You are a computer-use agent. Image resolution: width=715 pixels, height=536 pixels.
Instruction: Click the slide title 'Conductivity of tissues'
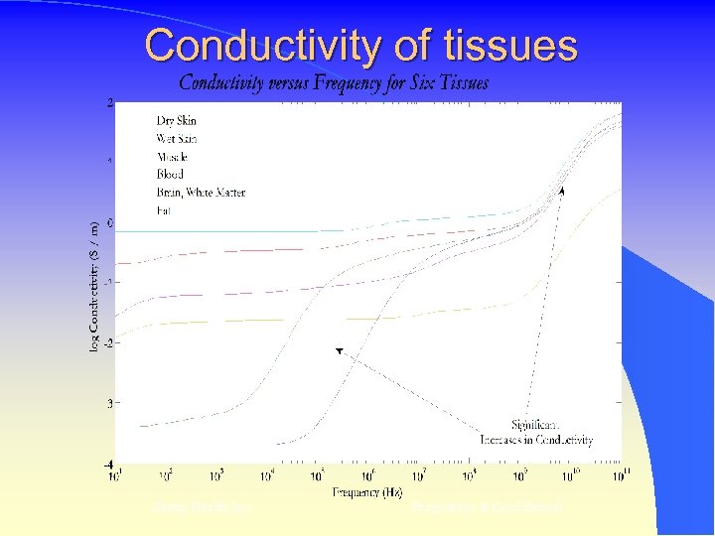pyautogui.click(x=360, y=46)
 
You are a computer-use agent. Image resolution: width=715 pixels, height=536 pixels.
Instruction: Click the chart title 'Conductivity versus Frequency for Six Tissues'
pyautogui.click(x=334, y=82)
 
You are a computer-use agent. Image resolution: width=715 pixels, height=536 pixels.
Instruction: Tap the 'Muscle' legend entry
pyautogui.click(x=171, y=157)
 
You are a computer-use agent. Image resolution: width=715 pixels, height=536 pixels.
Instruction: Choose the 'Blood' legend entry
pyautogui.click(x=170, y=174)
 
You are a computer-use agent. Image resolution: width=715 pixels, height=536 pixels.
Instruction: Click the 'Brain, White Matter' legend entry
pyautogui.click(x=201, y=192)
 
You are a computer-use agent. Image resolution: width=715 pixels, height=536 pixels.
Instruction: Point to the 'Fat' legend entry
pyautogui.click(x=163, y=209)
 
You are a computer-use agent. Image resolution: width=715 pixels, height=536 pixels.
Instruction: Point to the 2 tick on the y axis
pyautogui.click(x=109, y=102)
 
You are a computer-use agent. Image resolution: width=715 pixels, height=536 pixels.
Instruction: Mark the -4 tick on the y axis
pyautogui.click(x=108, y=464)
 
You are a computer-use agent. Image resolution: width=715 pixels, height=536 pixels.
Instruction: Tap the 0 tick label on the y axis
pyautogui.click(x=109, y=222)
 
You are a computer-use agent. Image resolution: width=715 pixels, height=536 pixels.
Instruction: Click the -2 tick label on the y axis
pyautogui.click(x=108, y=342)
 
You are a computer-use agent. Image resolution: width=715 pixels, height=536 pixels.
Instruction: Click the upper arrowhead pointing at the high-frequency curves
pyautogui.click(x=562, y=190)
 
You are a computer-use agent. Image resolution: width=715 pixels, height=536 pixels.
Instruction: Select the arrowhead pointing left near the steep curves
pyautogui.click(x=339, y=350)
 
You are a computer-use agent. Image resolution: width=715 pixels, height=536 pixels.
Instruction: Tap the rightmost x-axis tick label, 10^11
pyautogui.click(x=620, y=475)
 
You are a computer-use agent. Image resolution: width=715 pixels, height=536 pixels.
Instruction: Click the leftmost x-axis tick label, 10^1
pyautogui.click(x=115, y=475)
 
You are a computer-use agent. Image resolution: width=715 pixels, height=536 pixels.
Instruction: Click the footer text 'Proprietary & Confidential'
pyautogui.click(x=487, y=507)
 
